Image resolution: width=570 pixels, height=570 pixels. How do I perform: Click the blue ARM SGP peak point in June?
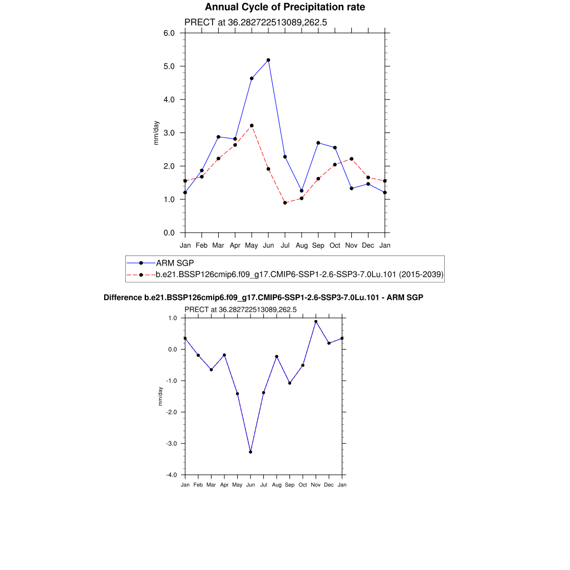(268, 60)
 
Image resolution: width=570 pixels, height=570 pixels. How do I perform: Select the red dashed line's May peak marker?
(252, 126)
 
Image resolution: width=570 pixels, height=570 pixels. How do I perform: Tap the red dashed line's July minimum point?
(285, 203)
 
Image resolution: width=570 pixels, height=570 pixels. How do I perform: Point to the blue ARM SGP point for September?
(318, 143)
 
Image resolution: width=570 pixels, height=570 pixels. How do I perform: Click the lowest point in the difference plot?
(250, 452)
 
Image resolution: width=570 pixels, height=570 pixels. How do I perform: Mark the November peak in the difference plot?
(316, 322)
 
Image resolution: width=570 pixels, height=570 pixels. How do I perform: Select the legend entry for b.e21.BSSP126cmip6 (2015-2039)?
(299, 274)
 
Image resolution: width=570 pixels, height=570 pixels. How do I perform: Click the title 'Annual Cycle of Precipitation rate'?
(285, 7)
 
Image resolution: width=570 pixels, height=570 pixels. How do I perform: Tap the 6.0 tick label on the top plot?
(169, 33)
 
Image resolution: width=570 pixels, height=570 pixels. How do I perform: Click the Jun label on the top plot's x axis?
(268, 245)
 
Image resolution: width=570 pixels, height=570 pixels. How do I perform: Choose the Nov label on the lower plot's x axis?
(316, 485)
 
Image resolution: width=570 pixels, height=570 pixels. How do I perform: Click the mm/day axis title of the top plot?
(156, 133)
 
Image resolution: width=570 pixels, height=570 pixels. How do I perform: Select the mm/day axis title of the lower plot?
(160, 396)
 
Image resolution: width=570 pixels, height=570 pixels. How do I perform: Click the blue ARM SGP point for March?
(218, 137)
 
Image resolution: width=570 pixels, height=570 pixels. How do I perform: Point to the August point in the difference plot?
(277, 356)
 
